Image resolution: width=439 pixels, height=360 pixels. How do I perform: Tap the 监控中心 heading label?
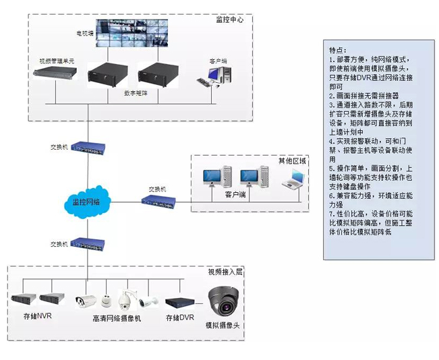coord(229,20)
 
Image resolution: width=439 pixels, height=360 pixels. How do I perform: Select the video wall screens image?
coord(131,33)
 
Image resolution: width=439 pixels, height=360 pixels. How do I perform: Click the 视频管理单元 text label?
coord(57,61)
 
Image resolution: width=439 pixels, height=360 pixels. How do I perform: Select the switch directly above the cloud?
coord(87,147)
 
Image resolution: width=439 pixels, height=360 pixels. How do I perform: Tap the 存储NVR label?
coord(37,316)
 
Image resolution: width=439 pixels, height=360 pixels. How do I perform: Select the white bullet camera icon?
coord(85,301)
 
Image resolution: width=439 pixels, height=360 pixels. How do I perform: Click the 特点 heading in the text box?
coord(337,51)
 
